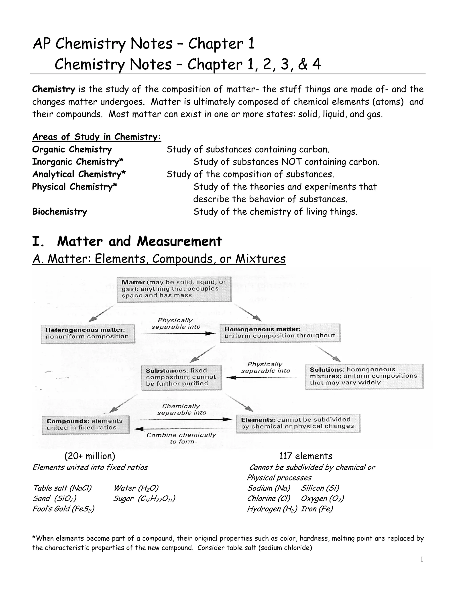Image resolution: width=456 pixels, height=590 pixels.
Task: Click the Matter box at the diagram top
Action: click(x=174, y=289)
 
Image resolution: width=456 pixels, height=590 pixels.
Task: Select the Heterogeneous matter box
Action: click(x=88, y=334)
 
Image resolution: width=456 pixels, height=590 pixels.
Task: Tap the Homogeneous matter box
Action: click(x=280, y=333)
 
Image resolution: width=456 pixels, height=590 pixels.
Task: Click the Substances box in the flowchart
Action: click(x=181, y=377)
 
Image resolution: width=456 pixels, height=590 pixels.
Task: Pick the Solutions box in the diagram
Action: click(x=364, y=376)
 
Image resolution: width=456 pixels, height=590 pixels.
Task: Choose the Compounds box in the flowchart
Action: click(x=85, y=424)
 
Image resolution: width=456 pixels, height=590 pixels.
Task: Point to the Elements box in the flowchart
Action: click(x=298, y=423)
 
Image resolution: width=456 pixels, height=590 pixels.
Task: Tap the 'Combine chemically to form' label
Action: click(x=181, y=438)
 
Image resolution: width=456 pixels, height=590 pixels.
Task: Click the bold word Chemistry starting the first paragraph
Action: click(x=53, y=89)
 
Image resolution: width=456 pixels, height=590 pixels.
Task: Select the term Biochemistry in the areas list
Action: click(x=59, y=212)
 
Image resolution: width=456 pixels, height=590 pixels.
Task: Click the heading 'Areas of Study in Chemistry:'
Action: click(x=97, y=137)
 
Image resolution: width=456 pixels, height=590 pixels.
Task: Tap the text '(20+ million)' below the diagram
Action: click(x=90, y=456)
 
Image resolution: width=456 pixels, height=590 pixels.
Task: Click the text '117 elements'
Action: click(x=305, y=456)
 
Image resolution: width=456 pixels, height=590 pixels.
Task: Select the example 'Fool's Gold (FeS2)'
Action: click(x=63, y=509)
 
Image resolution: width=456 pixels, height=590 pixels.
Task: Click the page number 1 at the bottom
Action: click(x=422, y=559)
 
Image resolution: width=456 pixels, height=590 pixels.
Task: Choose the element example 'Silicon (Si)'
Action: click(x=320, y=488)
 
